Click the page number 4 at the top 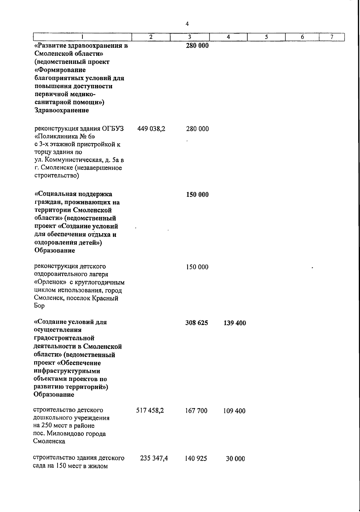point(187,24)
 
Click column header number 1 point(82,37)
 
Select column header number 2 point(151,37)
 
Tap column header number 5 point(266,37)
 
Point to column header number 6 point(302,37)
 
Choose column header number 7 point(332,37)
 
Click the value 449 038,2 point(151,129)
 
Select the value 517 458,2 point(150,410)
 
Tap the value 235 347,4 point(154,458)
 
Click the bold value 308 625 point(197,323)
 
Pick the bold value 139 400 point(235,323)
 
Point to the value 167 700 point(196,411)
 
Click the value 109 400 point(234,411)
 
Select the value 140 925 point(196,459)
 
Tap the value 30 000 point(235,459)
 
